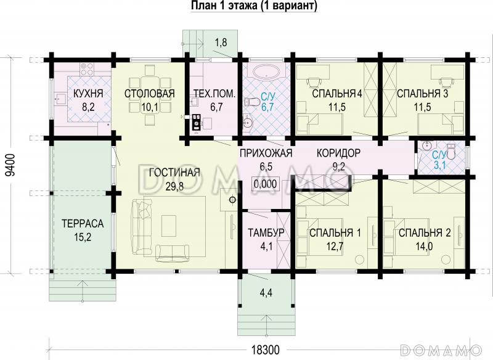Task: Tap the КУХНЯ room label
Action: click(x=88, y=94)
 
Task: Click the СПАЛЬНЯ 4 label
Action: click(x=336, y=94)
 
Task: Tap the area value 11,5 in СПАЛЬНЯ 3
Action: click(x=422, y=107)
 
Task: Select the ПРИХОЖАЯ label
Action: click(x=266, y=153)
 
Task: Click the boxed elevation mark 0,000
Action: click(x=266, y=183)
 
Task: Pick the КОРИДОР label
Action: click(x=338, y=153)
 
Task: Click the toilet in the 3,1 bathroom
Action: click(x=450, y=150)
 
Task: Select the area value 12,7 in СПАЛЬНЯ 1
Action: click(x=335, y=246)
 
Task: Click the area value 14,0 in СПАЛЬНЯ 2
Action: click(x=424, y=246)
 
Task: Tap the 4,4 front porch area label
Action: click(x=266, y=293)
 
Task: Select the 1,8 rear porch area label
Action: click(x=220, y=42)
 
